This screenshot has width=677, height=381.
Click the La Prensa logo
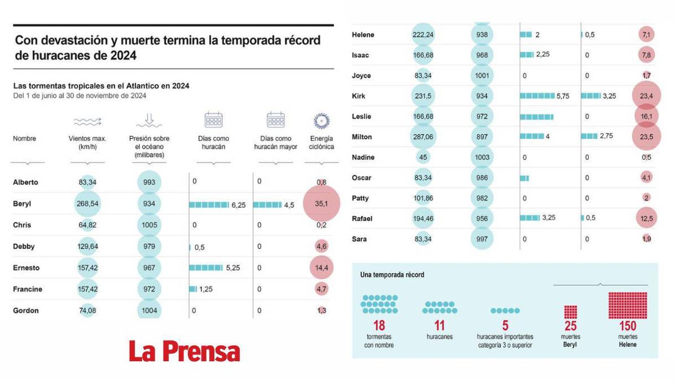point(185,352)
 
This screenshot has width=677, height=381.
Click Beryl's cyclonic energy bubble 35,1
point(321,204)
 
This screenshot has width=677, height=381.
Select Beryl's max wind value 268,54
point(87,204)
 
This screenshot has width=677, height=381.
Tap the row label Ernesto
point(27,268)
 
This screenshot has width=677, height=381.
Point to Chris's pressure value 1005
point(149,225)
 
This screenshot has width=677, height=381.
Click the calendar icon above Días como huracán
point(213,120)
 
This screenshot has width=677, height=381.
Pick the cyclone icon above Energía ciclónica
point(321,121)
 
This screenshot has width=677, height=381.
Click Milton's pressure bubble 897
point(482,137)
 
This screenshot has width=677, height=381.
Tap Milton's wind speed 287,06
point(423,137)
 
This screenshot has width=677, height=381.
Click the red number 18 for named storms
point(379,326)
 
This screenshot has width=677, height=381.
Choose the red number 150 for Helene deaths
point(627,326)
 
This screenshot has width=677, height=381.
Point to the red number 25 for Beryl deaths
point(571,326)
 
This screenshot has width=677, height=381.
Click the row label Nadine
point(363,158)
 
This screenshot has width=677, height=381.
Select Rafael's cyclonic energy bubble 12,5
point(647,218)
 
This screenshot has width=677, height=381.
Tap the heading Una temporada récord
point(392,275)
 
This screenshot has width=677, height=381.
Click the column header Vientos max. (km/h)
point(87,143)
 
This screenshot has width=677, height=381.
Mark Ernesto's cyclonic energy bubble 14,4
point(321,268)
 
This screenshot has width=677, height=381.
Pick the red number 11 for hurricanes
point(439,326)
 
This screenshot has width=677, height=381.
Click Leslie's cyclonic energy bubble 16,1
point(647,117)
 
